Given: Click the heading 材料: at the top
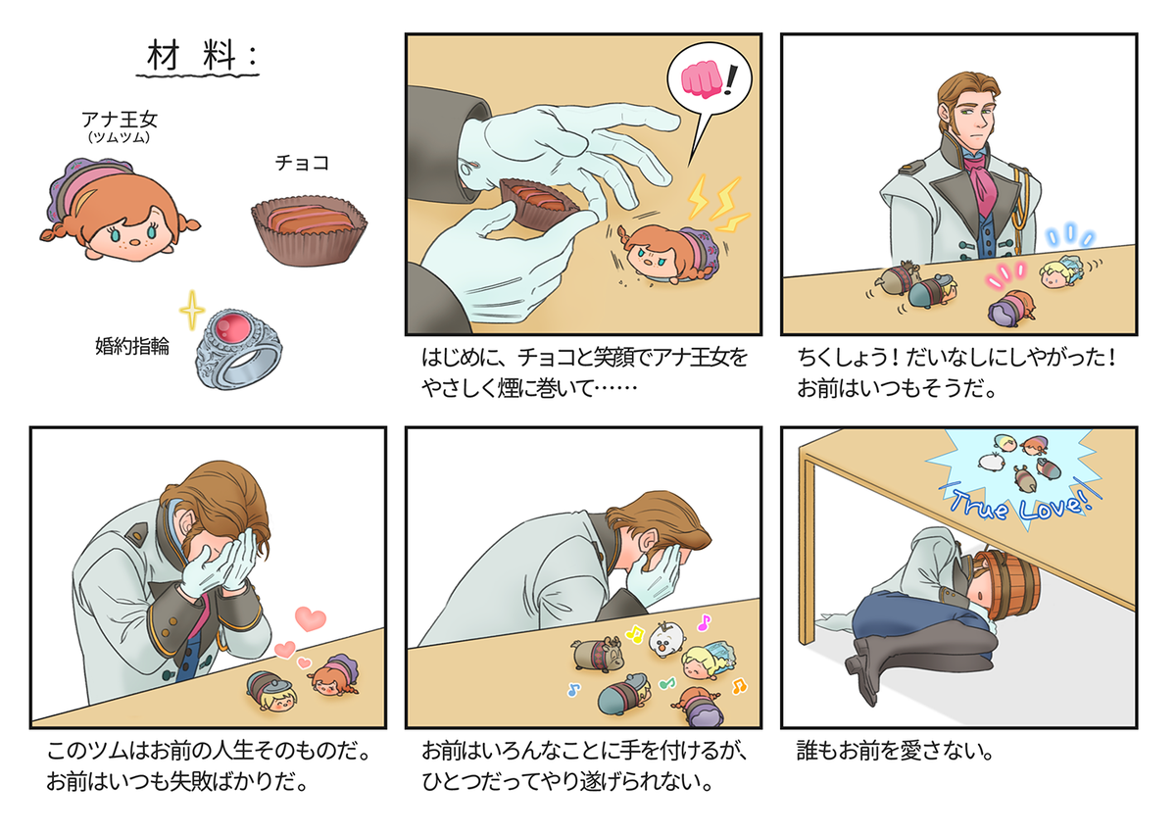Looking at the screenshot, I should pos(201,58).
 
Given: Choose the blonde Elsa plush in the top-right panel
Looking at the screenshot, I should pos(1062,273).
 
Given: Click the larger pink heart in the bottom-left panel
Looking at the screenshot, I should pos(312,619).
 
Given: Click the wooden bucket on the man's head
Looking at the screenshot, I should pos(1009,588).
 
